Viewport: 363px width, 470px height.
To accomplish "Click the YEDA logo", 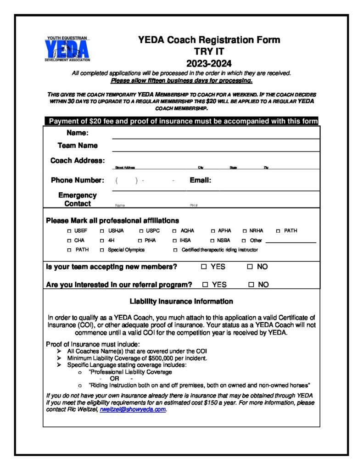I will (x=67, y=49).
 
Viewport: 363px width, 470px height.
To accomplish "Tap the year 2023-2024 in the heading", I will (x=209, y=63).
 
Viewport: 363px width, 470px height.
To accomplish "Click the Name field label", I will (x=78, y=133).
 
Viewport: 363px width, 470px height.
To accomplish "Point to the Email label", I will (x=200, y=180).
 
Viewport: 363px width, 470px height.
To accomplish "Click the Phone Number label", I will (x=78, y=180).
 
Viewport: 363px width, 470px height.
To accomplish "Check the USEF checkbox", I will (x=69, y=231).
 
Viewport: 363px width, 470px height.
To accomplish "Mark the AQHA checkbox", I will (x=174, y=231).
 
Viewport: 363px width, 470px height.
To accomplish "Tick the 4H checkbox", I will (x=102, y=241).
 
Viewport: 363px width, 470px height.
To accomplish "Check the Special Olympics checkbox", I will (x=102, y=250).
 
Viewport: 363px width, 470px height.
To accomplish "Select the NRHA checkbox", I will (x=245, y=231).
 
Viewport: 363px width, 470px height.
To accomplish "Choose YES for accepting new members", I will (x=204, y=267).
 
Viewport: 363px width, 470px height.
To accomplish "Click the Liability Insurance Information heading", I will (x=181, y=302).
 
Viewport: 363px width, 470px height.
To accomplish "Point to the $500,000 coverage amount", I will (x=171, y=358).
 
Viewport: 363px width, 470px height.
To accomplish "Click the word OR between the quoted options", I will (x=114, y=379).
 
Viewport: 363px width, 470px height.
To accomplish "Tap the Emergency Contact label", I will (x=78, y=199).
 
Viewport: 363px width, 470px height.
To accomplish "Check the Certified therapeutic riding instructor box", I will (x=175, y=250).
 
